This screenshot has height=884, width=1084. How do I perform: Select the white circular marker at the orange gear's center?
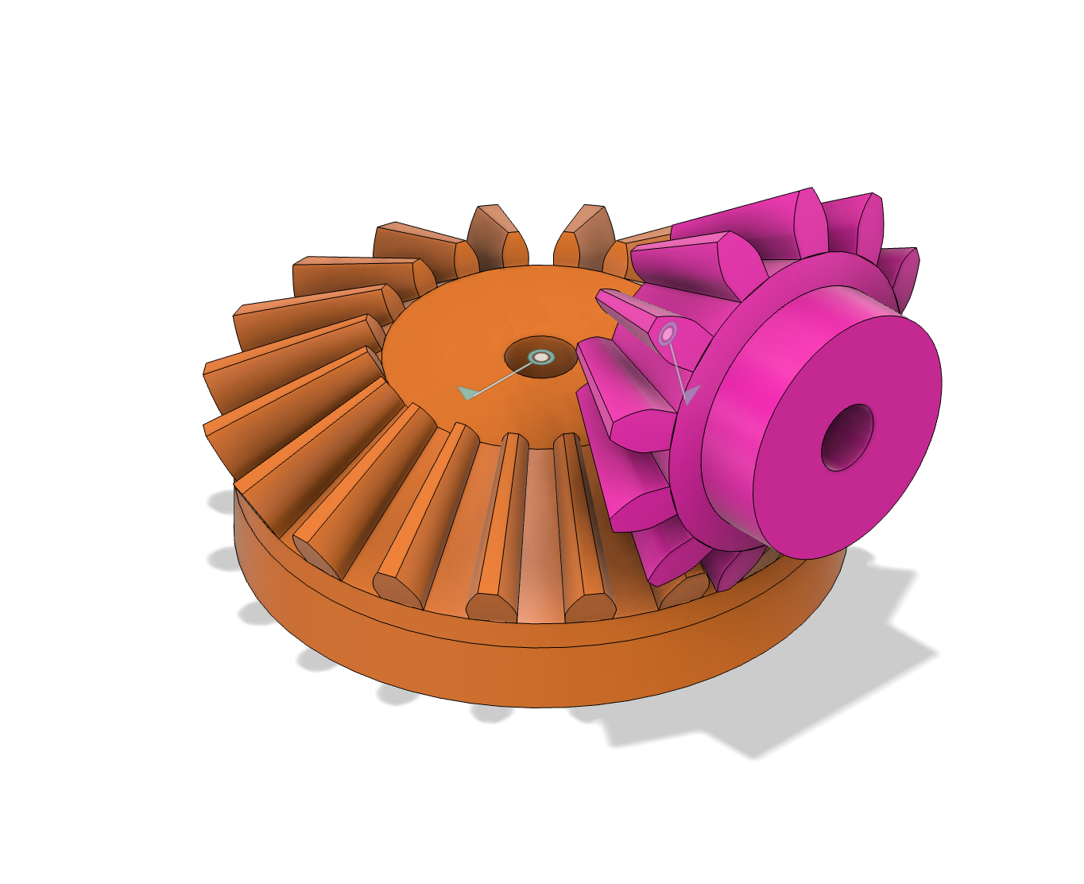541,357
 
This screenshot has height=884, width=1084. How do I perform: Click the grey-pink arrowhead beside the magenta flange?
689,394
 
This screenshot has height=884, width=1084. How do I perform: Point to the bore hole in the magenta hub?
846,436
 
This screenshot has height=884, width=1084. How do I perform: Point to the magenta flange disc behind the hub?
715,413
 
